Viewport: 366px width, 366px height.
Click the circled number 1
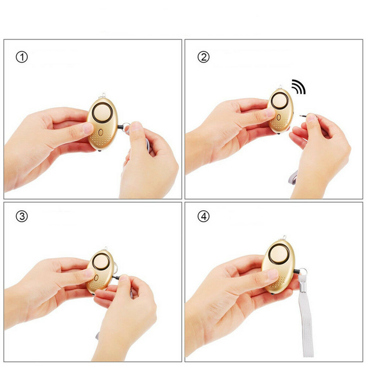tap(21, 57)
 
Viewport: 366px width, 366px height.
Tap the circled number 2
tap(203, 57)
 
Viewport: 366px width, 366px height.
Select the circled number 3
tap(21, 216)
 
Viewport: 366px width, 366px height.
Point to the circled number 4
tap(203, 216)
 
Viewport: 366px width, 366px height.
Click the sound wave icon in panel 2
tap(299, 86)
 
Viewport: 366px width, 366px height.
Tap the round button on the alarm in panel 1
tap(102, 112)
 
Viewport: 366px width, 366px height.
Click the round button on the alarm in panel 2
tap(279, 100)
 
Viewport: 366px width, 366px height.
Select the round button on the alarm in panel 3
tap(101, 261)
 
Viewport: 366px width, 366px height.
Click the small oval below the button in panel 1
tap(100, 133)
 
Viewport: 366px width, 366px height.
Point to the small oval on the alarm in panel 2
tap(279, 117)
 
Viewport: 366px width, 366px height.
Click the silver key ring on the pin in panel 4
tap(303, 272)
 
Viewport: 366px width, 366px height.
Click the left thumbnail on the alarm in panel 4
tap(272, 274)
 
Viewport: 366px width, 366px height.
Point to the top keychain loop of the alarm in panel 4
tap(284, 238)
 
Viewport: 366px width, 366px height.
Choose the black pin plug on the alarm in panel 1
tap(120, 127)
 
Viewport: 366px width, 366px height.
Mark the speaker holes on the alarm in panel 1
tap(101, 139)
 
